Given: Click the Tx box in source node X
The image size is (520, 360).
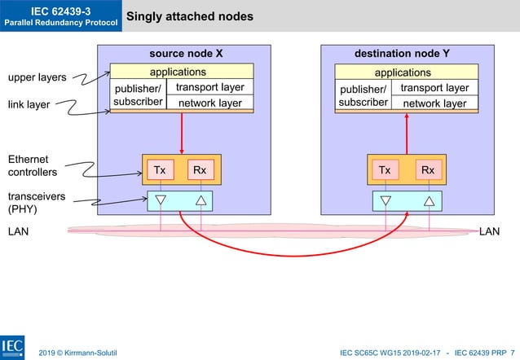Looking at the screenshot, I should pyautogui.click(x=161, y=170).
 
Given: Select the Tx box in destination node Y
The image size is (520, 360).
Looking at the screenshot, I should pyautogui.click(x=386, y=170).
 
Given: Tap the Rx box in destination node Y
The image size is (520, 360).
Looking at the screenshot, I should pyautogui.click(x=427, y=170).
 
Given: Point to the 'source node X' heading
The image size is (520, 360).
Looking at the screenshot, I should pyautogui.click(x=186, y=54).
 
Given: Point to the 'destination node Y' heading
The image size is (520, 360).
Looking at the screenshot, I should pyautogui.click(x=402, y=54).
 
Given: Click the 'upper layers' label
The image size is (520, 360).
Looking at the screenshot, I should pyautogui.click(x=37, y=78).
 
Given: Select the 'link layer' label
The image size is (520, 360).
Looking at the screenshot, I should pyautogui.click(x=29, y=105).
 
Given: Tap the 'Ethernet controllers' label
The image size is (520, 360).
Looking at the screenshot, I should pyautogui.click(x=32, y=165).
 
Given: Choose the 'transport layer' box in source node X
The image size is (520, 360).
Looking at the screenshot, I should pyautogui.click(x=209, y=88).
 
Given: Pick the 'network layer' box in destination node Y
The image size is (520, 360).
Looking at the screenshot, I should pyautogui.click(x=434, y=103).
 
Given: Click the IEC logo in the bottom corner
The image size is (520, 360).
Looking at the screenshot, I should pyautogui.click(x=12, y=346).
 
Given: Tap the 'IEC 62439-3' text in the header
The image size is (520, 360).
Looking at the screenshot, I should pyautogui.click(x=60, y=10).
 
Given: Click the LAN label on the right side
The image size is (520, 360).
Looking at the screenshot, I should pyautogui.click(x=489, y=232).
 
